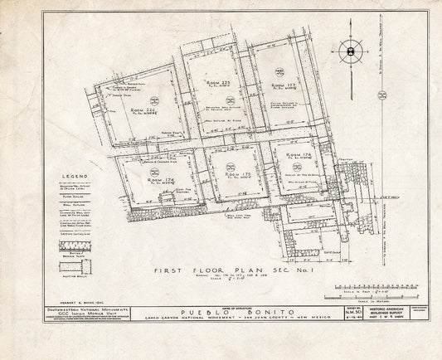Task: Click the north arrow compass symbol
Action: coord(352,51)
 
